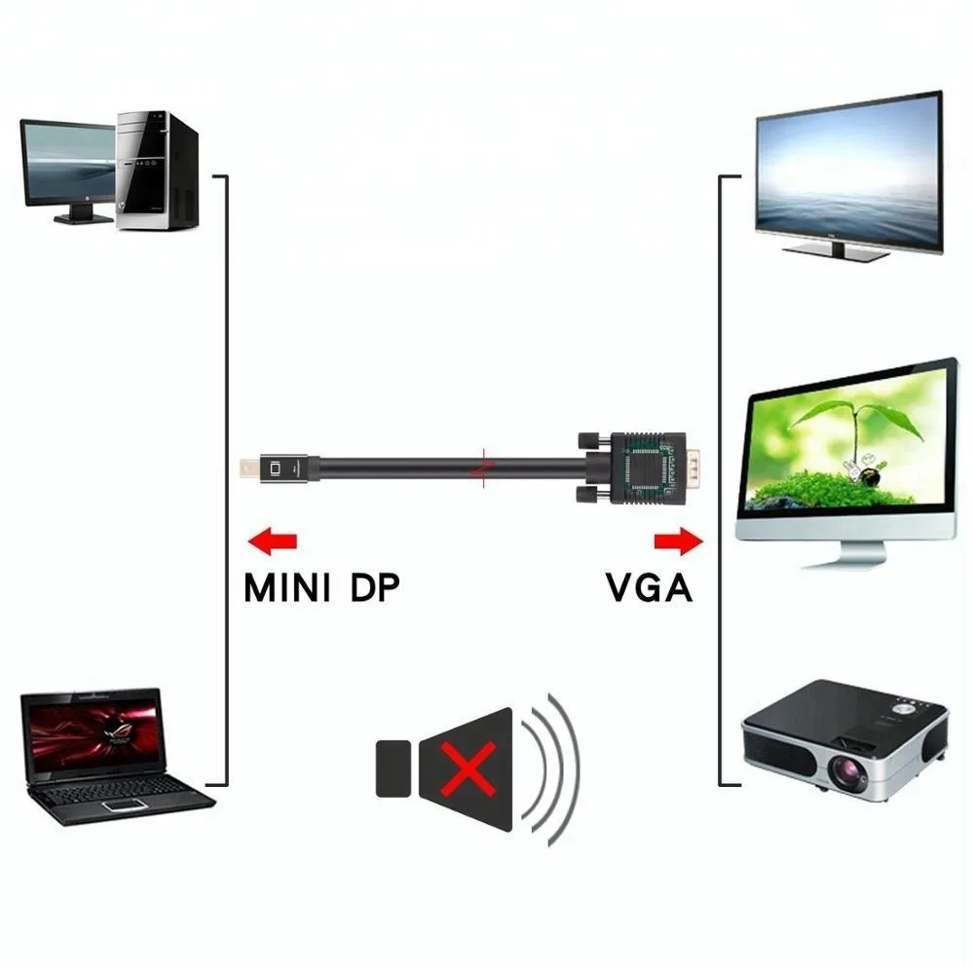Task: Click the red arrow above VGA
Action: point(678,539)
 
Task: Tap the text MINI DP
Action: point(321,588)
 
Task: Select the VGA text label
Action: point(649,588)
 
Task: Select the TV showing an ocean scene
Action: point(848,172)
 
